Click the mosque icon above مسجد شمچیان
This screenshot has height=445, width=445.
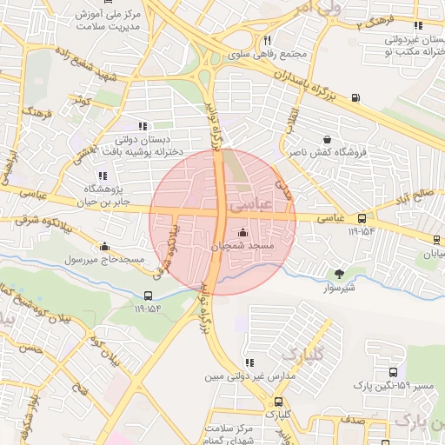[x=241, y=232]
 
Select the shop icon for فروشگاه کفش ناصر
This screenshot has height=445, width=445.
[x=327, y=139]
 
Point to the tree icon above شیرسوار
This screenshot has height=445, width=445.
[x=339, y=274]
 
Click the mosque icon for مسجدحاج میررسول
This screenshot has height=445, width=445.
[x=105, y=246]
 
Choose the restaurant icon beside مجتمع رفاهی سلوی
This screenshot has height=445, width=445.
[x=268, y=40]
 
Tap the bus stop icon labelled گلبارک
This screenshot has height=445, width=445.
[x=278, y=402]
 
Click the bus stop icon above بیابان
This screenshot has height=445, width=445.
[x=436, y=241]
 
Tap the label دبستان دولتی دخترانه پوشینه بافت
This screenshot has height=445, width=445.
[x=146, y=145]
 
